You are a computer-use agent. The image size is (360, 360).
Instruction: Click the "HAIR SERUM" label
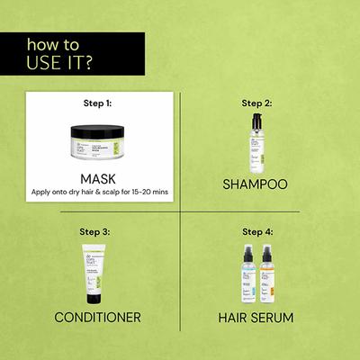(x=257, y=316)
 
